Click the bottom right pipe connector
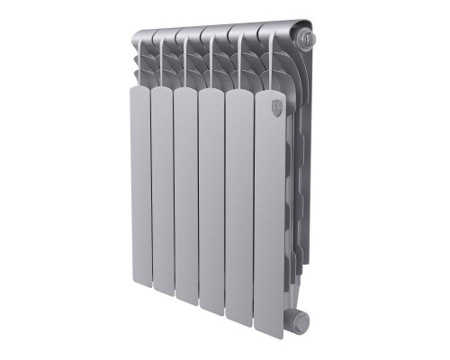[x=300, y=316]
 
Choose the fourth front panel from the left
[x=211, y=198]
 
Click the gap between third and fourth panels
[x=198, y=198]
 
